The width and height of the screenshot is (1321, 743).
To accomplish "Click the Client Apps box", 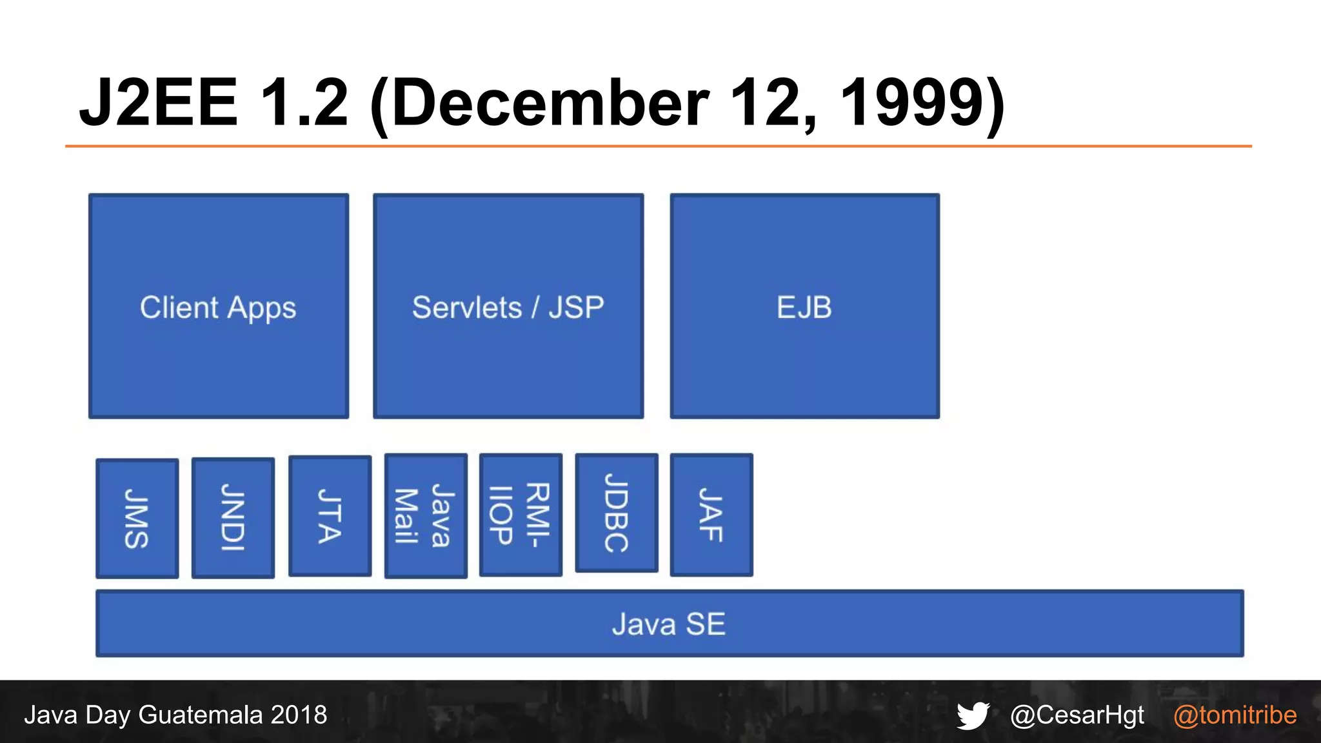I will coord(219,306).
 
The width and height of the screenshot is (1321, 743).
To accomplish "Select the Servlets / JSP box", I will coord(508,306).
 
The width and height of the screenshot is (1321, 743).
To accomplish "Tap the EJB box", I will coord(804,306).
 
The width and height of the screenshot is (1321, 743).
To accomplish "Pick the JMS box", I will coord(137,518).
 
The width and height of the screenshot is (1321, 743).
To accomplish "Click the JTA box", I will coord(330,515).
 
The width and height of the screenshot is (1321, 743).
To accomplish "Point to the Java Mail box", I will coord(426,515).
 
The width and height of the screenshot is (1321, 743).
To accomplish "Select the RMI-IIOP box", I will coord(521,514).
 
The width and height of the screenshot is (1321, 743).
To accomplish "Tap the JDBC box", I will coord(617,513).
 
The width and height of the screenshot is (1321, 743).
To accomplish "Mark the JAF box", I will coord(711,514).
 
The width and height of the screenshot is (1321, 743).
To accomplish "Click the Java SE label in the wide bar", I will coord(669,624).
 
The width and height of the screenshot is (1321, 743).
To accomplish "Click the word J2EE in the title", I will coord(159,103).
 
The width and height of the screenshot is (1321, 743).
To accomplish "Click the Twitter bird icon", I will coord(973,715).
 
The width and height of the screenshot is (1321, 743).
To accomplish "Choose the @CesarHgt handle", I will coord(1077,715).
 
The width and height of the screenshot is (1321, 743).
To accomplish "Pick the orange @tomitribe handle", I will coord(1235,715).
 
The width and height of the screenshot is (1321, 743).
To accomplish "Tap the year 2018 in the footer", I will coord(299,715).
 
